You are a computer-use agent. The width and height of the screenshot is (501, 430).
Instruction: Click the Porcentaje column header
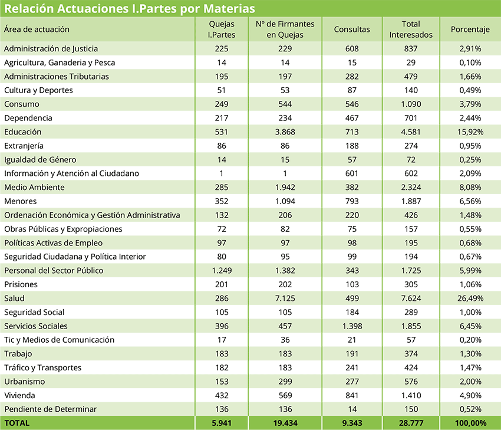[470, 29]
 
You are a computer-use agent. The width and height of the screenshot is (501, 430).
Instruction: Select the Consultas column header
[352, 29]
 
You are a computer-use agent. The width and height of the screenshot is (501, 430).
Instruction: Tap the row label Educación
[22, 132]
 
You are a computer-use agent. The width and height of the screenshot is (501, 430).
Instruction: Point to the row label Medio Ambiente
[34, 188]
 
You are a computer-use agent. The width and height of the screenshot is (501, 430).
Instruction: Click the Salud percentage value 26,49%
[470, 298]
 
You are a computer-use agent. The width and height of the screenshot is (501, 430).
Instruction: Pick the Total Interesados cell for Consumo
[411, 104]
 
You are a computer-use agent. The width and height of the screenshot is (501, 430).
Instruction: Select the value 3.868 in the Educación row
[285, 132]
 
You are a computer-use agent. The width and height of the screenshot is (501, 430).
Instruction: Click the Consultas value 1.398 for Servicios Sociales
[352, 326]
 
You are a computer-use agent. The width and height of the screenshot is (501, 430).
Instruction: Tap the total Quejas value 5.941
[222, 423]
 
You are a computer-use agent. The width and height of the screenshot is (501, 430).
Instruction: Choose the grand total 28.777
[411, 423]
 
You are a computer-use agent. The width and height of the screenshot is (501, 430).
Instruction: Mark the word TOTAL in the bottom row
[17, 423]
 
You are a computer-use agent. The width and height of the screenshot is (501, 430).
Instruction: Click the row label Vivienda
[19, 395]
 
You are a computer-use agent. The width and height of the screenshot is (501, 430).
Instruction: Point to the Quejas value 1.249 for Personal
[222, 271]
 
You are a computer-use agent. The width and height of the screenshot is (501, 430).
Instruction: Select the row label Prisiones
[21, 284]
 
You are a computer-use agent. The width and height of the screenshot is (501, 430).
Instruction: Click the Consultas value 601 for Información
[352, 173]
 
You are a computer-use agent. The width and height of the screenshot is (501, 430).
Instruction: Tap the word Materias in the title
[229, 9]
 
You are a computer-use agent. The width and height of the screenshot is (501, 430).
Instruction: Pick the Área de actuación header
[37, 29]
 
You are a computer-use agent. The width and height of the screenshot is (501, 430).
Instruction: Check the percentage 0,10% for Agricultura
[470, 63]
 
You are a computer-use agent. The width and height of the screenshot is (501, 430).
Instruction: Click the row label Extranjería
[24, 146]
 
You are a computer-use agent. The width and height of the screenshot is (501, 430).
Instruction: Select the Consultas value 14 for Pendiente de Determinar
[352, 409]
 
